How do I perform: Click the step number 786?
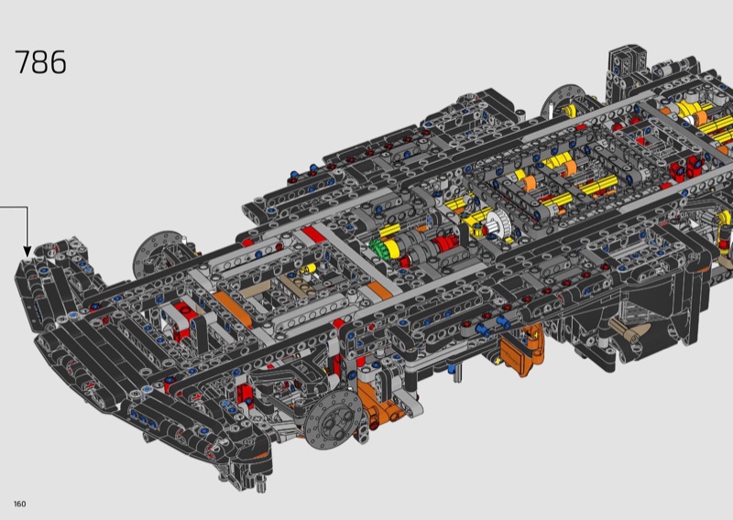[40, 62]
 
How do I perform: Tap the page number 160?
[20, 504]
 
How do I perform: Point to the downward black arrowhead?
[27, 252]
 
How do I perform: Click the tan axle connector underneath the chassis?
[629, 329]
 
